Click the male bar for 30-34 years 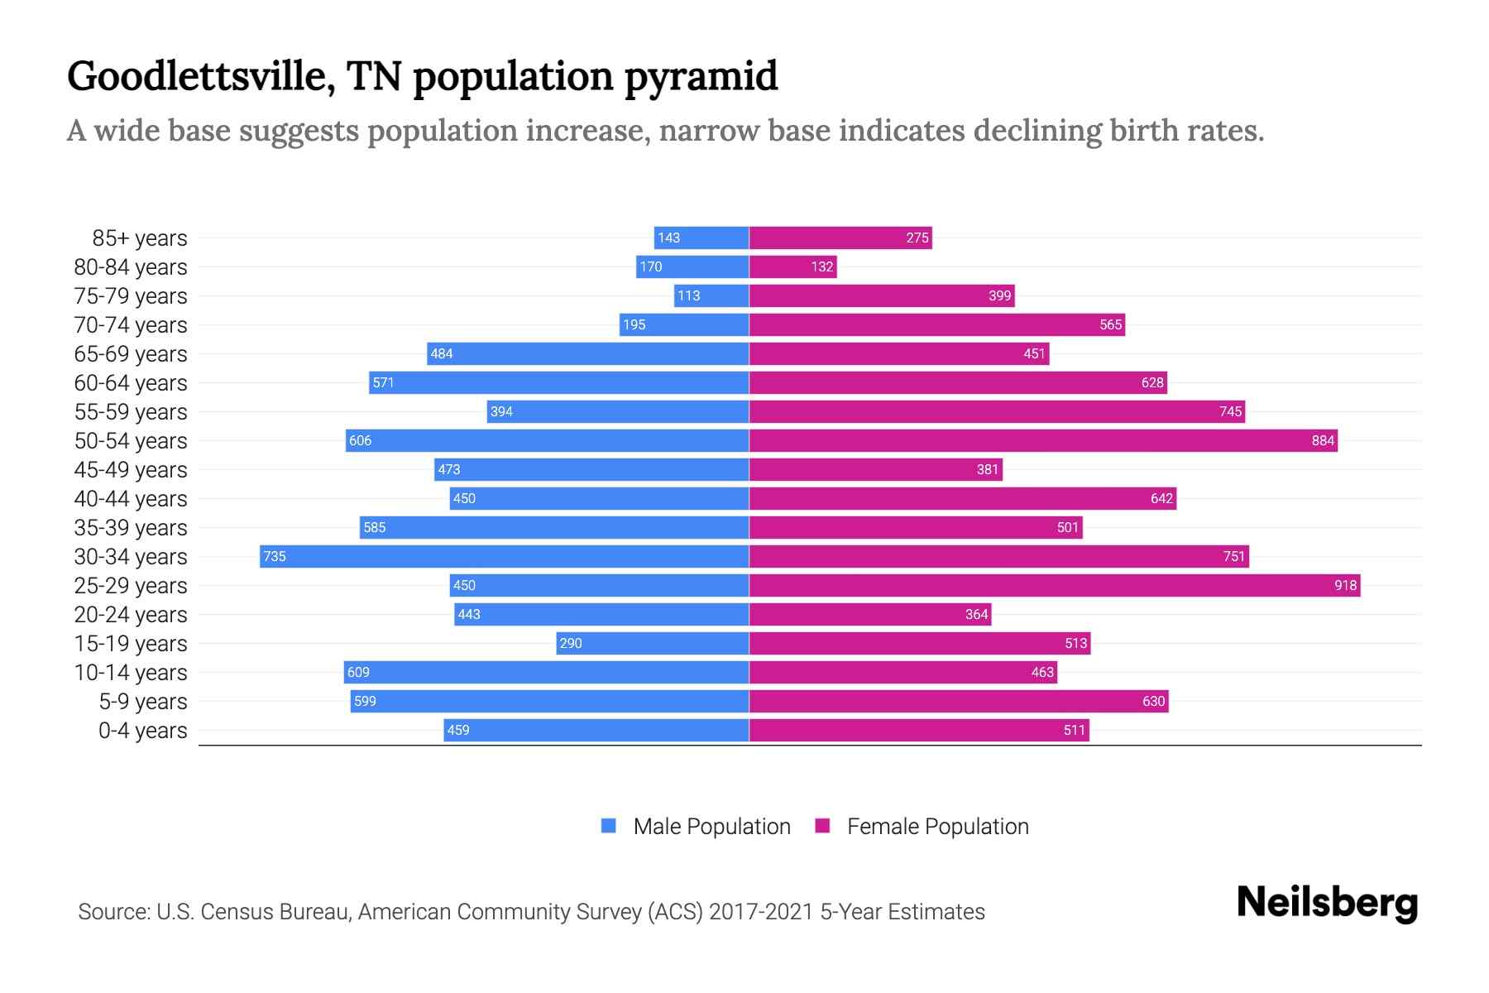[x=505, y=556]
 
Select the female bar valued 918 [x=1055, y=585]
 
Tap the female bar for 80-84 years [x=792, y=266]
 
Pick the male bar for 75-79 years [x=711, y=295]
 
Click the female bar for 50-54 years [x=1042, y=440]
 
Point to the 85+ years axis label [x=140, y=238]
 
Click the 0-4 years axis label [x=142, y=731]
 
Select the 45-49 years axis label [x=131, y=470]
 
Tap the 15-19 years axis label [x=131, y=644]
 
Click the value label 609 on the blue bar [x=358, y=672]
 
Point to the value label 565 [x=1110, y=324]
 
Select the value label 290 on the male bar [x=571, y=643]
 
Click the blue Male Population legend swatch [x=609, y=826]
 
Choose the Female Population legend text [x=937, y=827]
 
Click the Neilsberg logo [x=1327, y=904]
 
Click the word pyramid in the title [x=701, y=76]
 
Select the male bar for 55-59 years [x=618, y=411]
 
